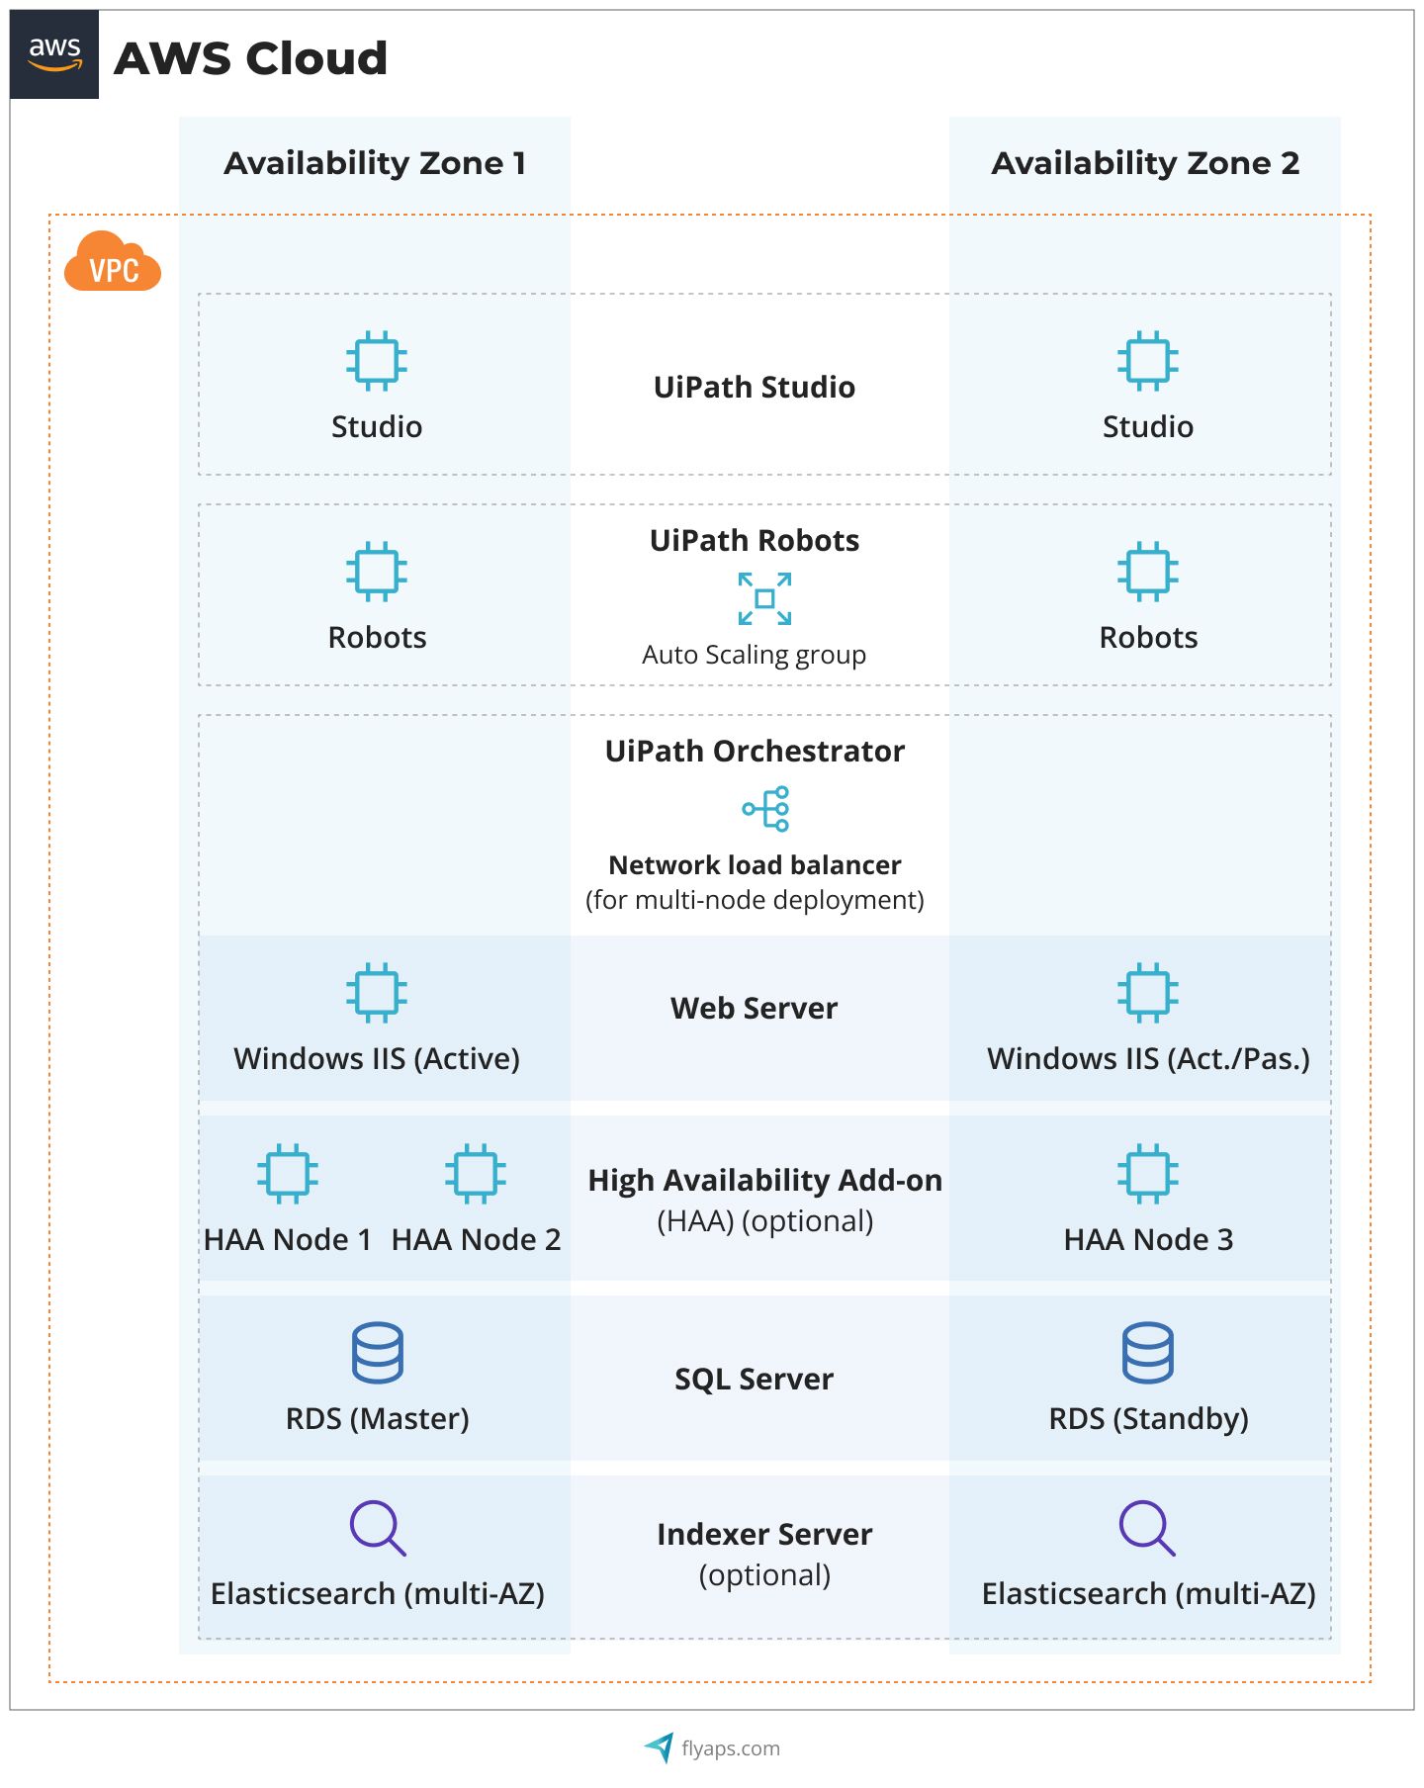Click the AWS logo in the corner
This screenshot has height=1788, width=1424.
54,54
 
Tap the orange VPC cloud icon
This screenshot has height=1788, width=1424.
113,262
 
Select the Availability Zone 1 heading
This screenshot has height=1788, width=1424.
375,163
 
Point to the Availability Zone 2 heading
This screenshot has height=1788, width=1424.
1145,163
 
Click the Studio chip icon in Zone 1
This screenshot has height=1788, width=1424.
377,360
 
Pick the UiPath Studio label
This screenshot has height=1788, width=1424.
755,387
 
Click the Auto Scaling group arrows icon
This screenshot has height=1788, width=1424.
764,598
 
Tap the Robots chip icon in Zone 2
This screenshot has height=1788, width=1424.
1148,571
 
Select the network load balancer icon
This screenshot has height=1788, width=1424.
766,809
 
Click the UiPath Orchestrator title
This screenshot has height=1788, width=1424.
755,751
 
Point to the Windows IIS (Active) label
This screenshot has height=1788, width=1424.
377,1058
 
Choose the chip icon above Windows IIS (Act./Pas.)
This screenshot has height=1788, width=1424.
1148,992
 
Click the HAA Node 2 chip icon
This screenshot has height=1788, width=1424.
476,1173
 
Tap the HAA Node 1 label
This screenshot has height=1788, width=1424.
288,1239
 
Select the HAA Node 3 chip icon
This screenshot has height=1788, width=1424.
1148,1173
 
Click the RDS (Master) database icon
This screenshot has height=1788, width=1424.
377,1352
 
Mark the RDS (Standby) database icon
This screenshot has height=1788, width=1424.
1148,1352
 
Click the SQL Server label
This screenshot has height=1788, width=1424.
755,1379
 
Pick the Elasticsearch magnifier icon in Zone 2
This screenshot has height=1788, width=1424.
1147,1528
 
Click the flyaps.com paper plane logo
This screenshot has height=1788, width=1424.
660,1747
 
